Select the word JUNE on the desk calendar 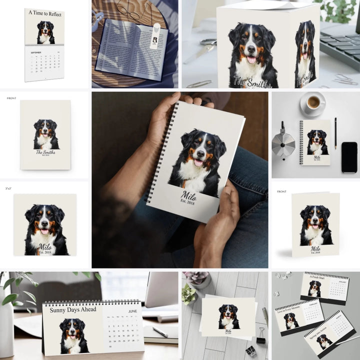click(x=132, y=311)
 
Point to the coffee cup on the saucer click(x=313, y=102)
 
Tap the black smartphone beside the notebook click(x=349, y=157)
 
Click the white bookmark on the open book click(x=155, y=36)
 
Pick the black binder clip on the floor click(x=261, y=336)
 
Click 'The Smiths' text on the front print click(x=45, y=152)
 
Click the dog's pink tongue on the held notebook click(x=197, y=163)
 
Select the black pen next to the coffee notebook click(x=335, y=133)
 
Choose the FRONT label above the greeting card click(x=281, y=191)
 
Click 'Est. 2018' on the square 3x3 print click(x=45, y=252)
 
